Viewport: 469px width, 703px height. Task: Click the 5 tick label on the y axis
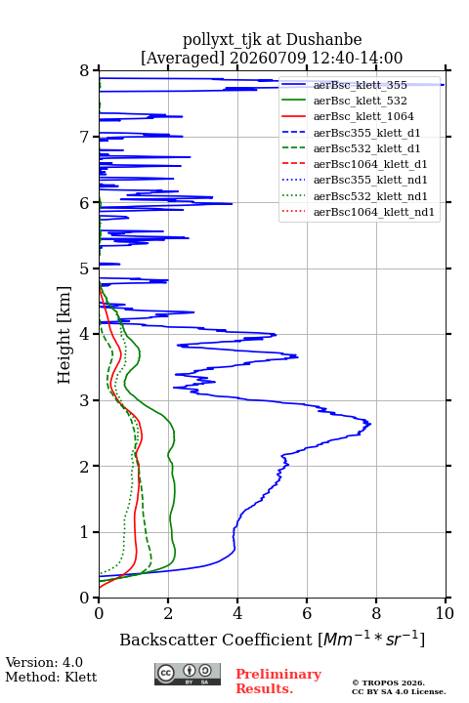(x=85, y=269)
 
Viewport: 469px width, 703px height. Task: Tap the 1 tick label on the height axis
(x=85, y=532)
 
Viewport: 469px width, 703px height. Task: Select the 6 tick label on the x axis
(x=307, y=613)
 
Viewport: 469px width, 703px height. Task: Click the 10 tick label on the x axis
(x=446, y=613)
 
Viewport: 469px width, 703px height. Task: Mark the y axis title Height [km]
(x=64, y=335)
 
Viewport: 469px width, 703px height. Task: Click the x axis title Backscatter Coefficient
(x=215, y=640)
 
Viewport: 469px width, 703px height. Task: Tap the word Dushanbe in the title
(x=324, y=40)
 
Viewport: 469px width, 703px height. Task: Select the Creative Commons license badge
(x=188, y=675)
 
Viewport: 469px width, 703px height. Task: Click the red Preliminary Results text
(x=278, y=682)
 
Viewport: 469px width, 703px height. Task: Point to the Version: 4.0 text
(x=44, y=662)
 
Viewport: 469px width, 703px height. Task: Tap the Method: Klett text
(x=51, y=677)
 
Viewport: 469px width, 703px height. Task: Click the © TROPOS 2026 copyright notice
(x=389, y=682)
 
